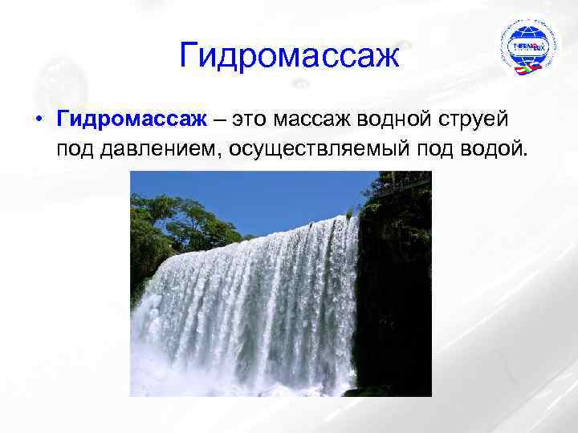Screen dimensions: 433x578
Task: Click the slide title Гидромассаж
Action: [x=289, y=55]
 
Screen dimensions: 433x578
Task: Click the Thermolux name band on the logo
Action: [x=527, y=47]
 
